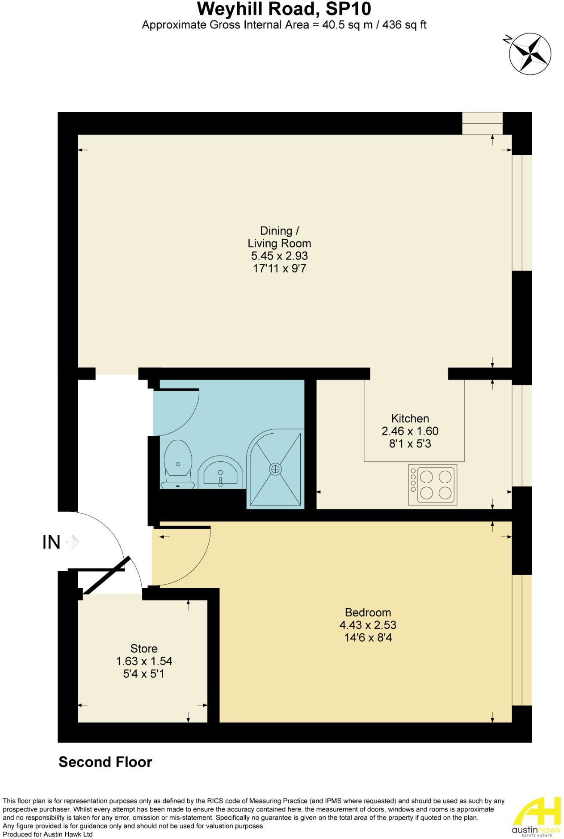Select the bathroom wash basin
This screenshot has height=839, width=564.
pos(220,472)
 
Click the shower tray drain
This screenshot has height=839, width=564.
pos(275,469)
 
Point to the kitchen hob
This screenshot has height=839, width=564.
pos(432,484)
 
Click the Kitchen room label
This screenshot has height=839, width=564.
pos(410,418)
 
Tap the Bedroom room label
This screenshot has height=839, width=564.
pos(368,612)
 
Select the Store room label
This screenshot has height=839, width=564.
pos(144,648)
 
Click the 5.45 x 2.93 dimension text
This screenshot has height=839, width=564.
pos(279,256)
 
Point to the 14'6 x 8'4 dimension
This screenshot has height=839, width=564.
pos(368,637)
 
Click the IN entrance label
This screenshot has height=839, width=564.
pos(51,542)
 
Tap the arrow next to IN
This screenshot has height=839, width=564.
pos(73,542)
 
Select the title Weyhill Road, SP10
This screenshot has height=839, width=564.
pos(284,9)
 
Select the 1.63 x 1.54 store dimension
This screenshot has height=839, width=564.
pos(144,661)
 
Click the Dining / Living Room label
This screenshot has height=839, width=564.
pos(279,237)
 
